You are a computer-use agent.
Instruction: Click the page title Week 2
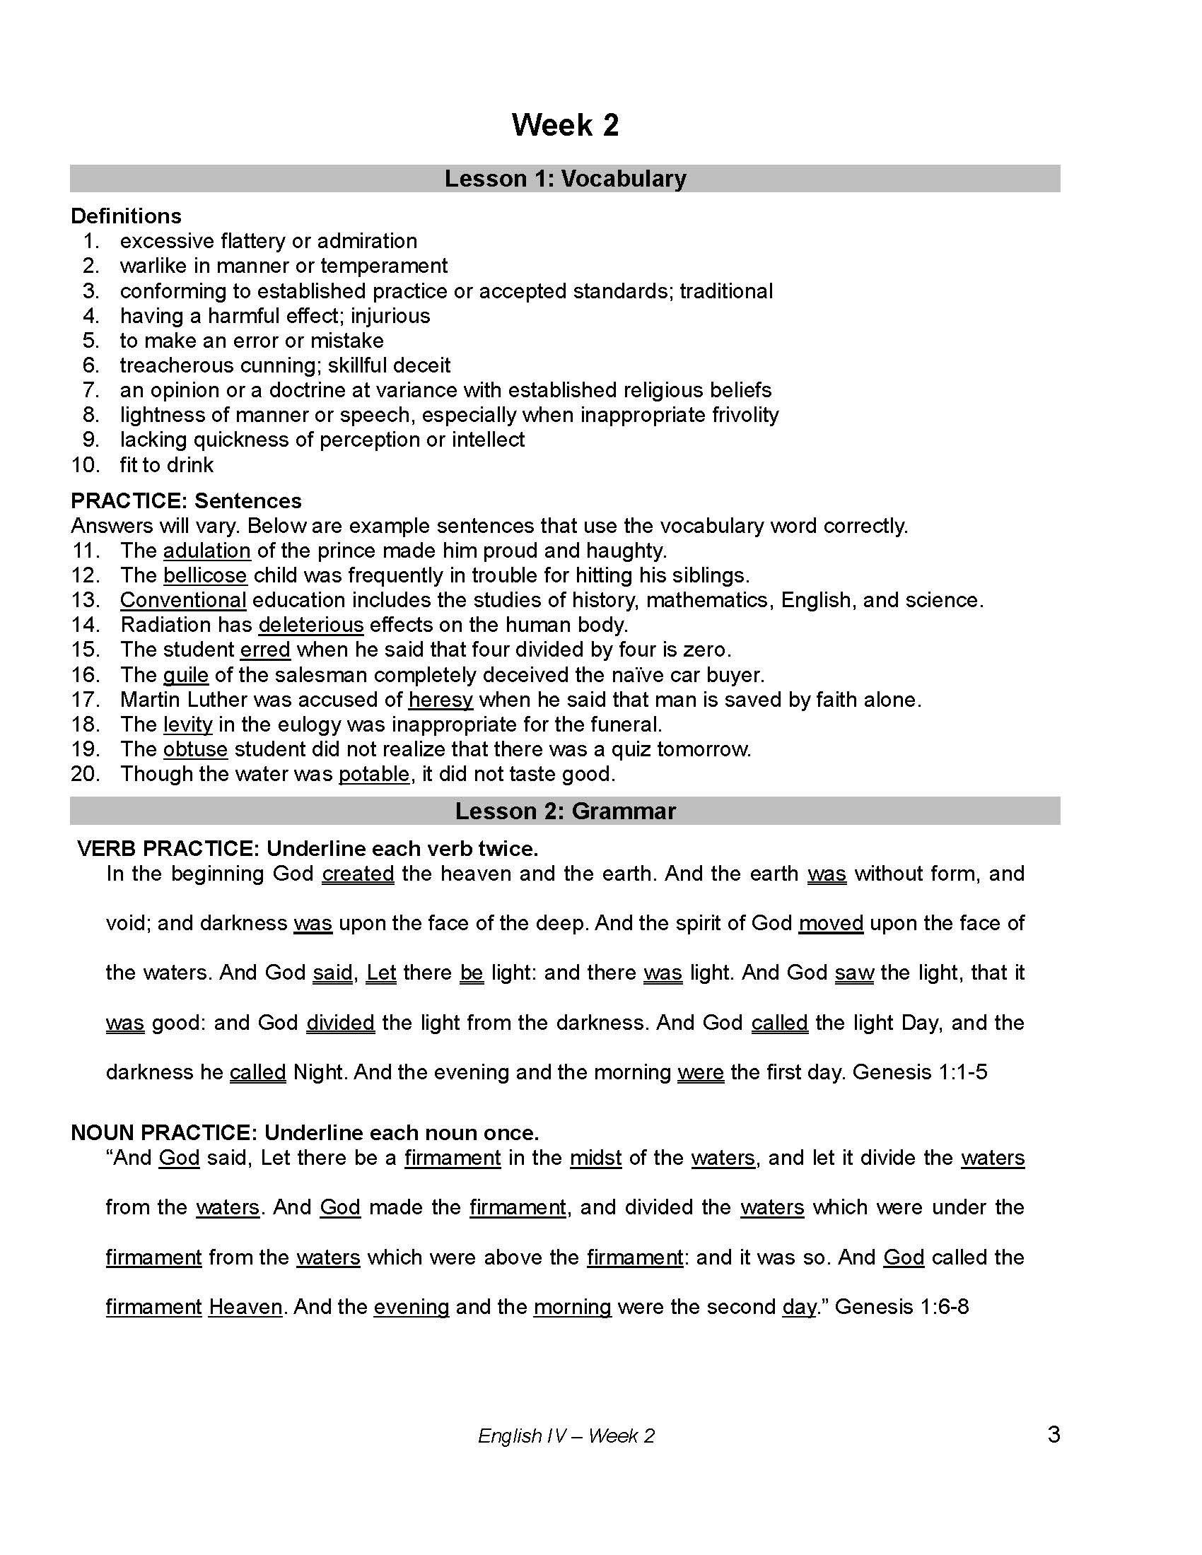[x=565, y=125]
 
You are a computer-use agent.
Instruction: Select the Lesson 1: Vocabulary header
[x=565, y=179]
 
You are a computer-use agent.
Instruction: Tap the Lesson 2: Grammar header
[x=565, y=811]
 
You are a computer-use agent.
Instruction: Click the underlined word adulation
[x=206, y=551]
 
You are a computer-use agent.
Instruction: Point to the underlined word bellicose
[x=205, y=575]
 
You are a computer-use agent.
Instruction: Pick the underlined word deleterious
[x=310, y=625]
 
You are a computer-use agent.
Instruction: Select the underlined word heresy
[x=440, y=700]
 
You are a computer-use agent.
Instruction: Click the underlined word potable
[x=374, y=774]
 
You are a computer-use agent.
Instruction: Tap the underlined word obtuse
[x=195, y=749]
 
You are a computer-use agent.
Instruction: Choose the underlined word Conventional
[x=183, y=600]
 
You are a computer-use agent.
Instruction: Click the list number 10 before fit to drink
[x=86, y=465]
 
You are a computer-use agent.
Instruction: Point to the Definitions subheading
[x=126, y=216]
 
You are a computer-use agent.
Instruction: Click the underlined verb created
[x=358, y=874]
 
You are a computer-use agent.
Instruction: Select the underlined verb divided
[x=340, y=1023]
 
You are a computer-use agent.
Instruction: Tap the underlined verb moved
[x=830, y=924]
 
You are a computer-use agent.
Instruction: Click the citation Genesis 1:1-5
[x=919, y=1072]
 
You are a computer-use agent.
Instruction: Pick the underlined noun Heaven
[x=245, y=1307]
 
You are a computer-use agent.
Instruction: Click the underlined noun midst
[x=595, y=1158]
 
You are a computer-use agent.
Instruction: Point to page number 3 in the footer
[x=1054, y=1434]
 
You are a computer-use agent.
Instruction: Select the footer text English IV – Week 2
[x=566, y=1436]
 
